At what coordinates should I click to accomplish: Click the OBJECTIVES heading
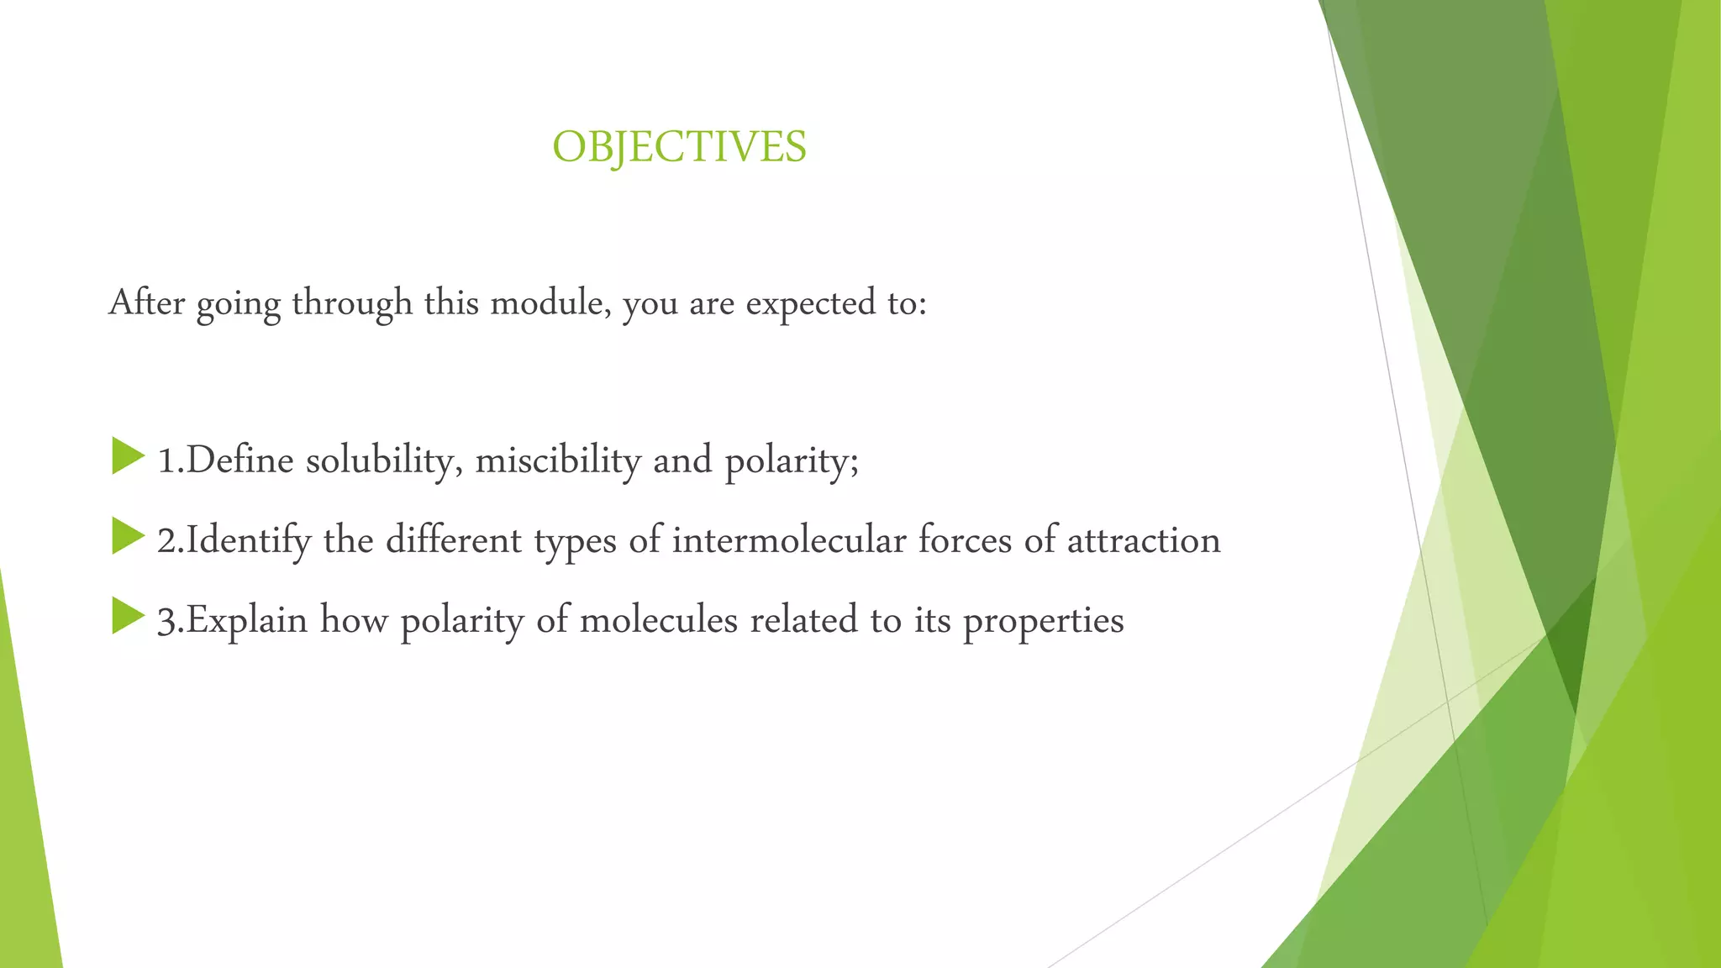[x=679, y=147]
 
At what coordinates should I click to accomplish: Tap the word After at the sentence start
[x=147, y=302]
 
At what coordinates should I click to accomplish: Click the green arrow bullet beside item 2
[x=128, y=536]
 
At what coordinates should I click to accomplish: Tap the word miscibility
[x=558, y=460]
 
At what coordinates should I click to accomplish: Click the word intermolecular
[x=788, y=540]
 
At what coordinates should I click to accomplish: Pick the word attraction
[x=1144, y=540]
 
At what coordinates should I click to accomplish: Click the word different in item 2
[x=454, y=540]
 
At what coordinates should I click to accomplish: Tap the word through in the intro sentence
[x=352, y=303]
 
